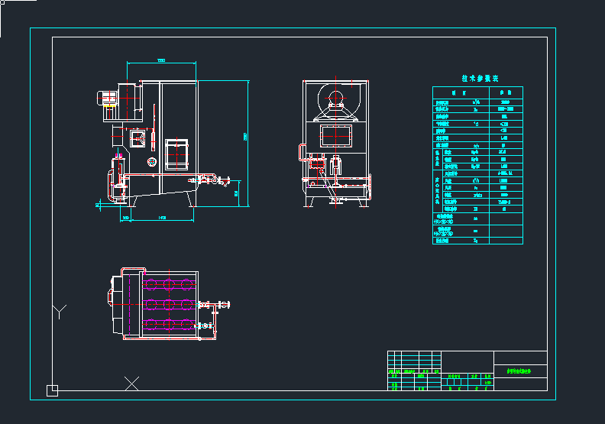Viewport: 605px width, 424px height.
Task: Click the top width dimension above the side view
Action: click(x=161, y=60)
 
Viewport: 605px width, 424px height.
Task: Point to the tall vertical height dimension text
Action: click(x=245, y=136)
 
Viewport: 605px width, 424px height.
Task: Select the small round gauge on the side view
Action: click(x=152, y=161)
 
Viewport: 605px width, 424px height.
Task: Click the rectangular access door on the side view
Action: click(x=177, y=153)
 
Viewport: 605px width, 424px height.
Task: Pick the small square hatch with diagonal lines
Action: click(x=138, y=138)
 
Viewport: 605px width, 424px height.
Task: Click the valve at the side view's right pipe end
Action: click(x=223, y=182)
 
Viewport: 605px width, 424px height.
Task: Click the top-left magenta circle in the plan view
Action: click(x=150, y=285)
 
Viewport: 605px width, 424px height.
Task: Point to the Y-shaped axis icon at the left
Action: click(x=60, y=310)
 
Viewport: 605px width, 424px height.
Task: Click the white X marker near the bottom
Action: click(x=132, y=382)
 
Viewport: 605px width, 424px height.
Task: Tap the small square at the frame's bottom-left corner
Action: click(x=52, y=390)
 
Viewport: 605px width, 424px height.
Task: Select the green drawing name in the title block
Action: click(x=519, y=370)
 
